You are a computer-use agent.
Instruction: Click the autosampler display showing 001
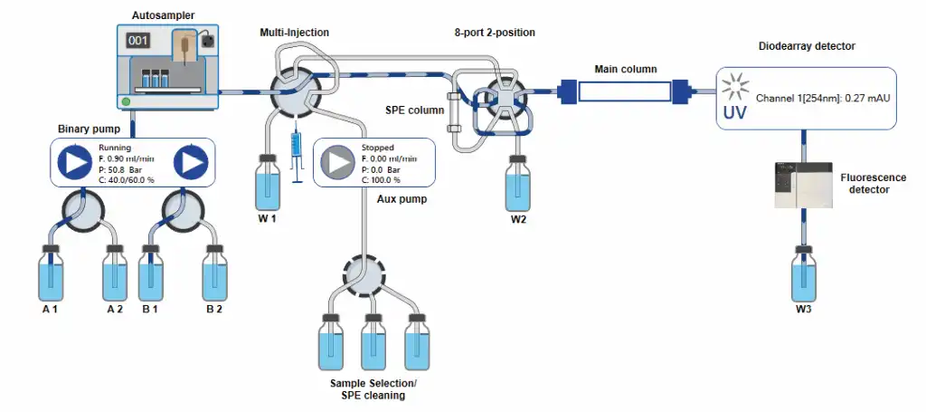coord(137,40)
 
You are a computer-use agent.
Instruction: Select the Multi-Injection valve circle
coord(296,91)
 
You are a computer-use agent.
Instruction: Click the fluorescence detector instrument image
coord(803,184)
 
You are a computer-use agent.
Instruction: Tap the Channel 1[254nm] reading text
coord(824,97)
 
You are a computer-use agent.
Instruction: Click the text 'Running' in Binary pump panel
coord(114,147)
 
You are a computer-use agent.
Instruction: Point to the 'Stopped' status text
coord(377,147)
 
